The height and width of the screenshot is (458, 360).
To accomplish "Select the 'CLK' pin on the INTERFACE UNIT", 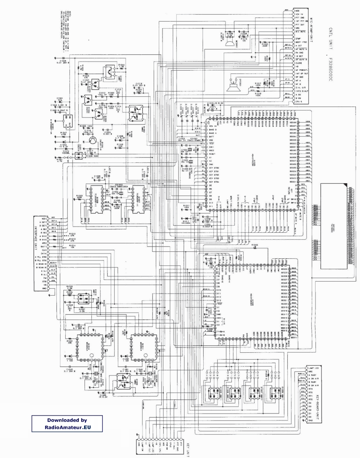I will [43, 250].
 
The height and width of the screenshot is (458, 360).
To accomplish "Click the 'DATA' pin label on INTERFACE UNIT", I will [42, 253].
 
